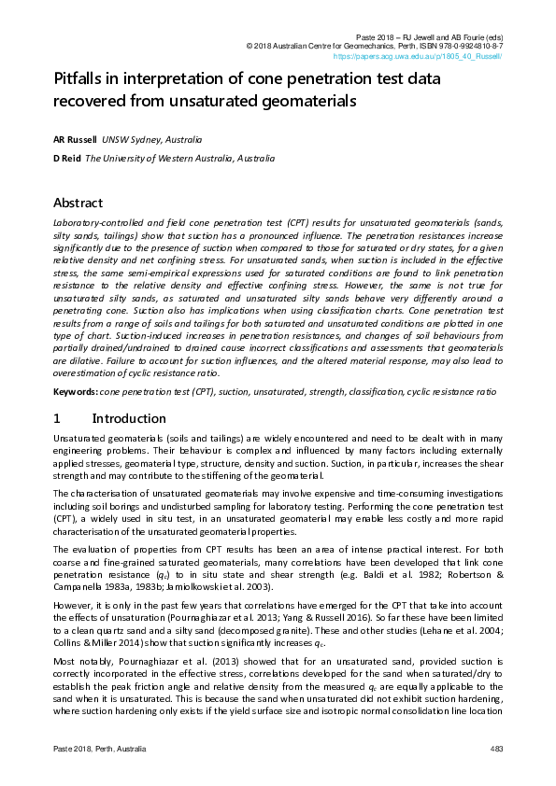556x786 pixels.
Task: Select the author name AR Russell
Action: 68,139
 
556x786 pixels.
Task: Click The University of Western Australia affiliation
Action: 179,159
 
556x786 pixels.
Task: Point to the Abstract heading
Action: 78,203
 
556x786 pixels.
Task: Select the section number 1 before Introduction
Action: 57,418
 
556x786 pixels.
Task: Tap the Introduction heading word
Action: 129,418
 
